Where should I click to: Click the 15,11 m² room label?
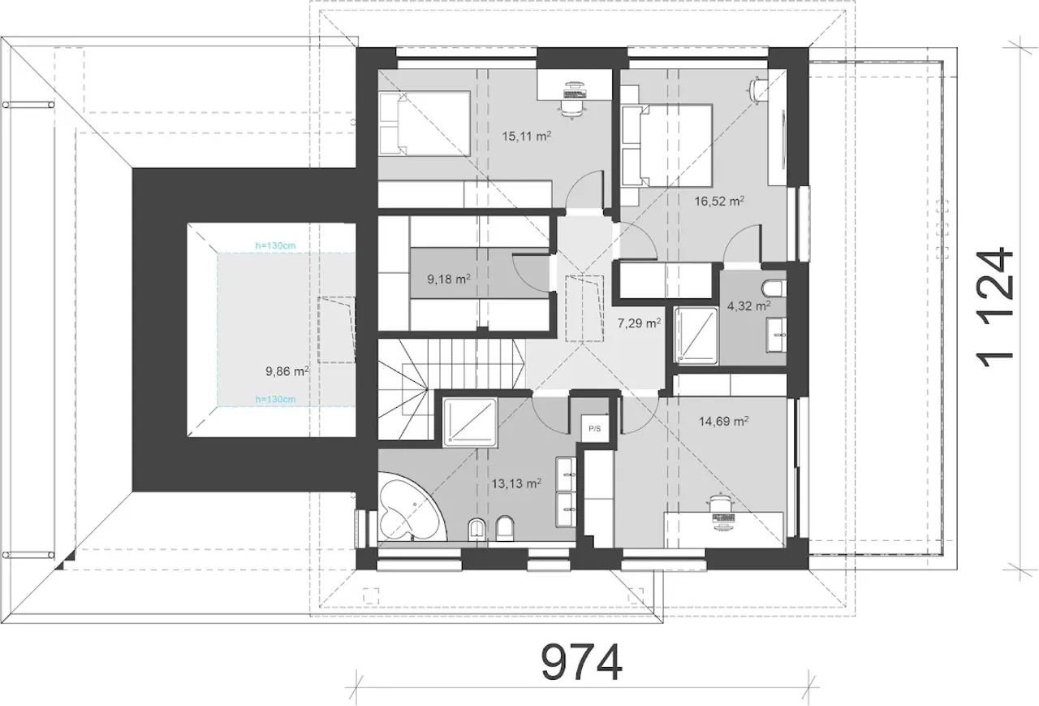point(527,136)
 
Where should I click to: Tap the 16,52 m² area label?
point(719,201)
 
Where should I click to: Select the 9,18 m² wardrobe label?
point(449,279)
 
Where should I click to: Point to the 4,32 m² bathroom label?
point(749,306)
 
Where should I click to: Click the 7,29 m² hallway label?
point(639,323)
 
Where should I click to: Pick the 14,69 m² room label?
point(723,421)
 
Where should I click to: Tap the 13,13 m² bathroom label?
point(516,483)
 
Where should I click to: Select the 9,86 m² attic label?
point(287,371)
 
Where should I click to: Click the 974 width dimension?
point(582,662)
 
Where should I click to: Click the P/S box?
point(595,429)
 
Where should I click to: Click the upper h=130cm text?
point(275,245)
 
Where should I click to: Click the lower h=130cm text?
point(275,399)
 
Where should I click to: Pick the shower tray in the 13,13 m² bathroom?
point(470,422)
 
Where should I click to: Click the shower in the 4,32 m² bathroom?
point(696,336)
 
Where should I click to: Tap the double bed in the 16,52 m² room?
point(666,145)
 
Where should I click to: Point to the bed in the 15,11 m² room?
point(424,123)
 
